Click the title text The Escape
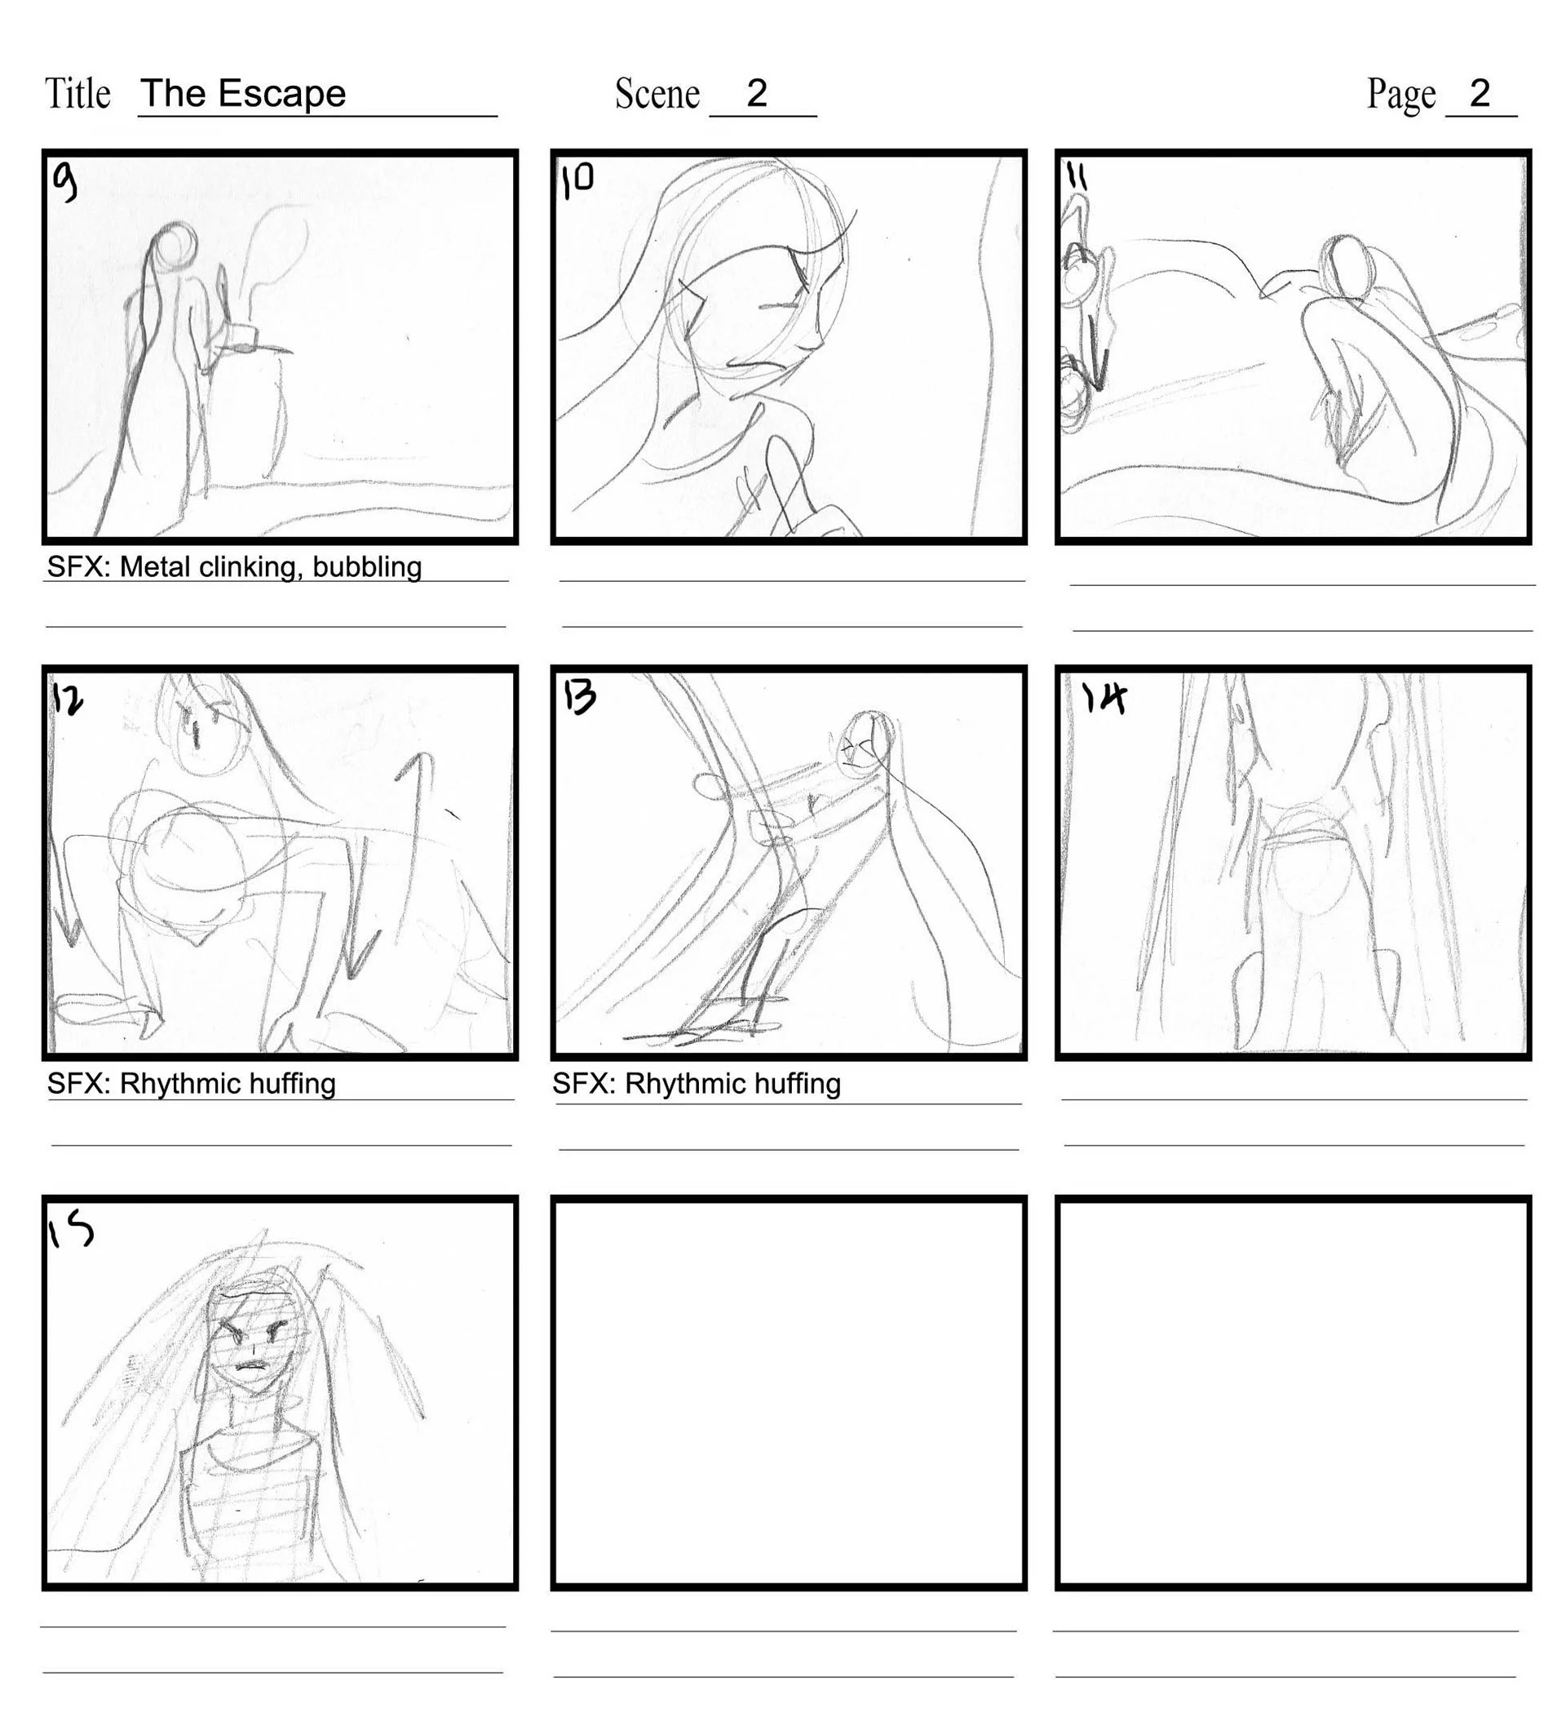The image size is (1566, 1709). (x=243, y=93)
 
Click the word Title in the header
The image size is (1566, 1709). (x=77, y=93)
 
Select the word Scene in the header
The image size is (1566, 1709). (x=657, y=93)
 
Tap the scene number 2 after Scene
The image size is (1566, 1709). (x=757, y=92)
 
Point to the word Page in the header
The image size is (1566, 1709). (x=1400, y=93)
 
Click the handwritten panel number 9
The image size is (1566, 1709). (x=64, y=180)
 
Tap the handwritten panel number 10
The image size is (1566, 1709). (x=578, y=180)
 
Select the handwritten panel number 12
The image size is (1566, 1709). (x=68, y=700)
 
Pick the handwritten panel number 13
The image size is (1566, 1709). (x=580, y=697)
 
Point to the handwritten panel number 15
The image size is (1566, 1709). (x=69, y=1231)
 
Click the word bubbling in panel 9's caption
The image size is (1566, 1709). (x=367, y=567)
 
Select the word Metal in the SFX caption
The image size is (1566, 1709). (x=155, y=567)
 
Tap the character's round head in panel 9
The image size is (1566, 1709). (x=175, y=244)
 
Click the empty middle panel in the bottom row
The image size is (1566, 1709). (x=788, y=1393)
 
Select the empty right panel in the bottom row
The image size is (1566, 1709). (x=1293, y=1393)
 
